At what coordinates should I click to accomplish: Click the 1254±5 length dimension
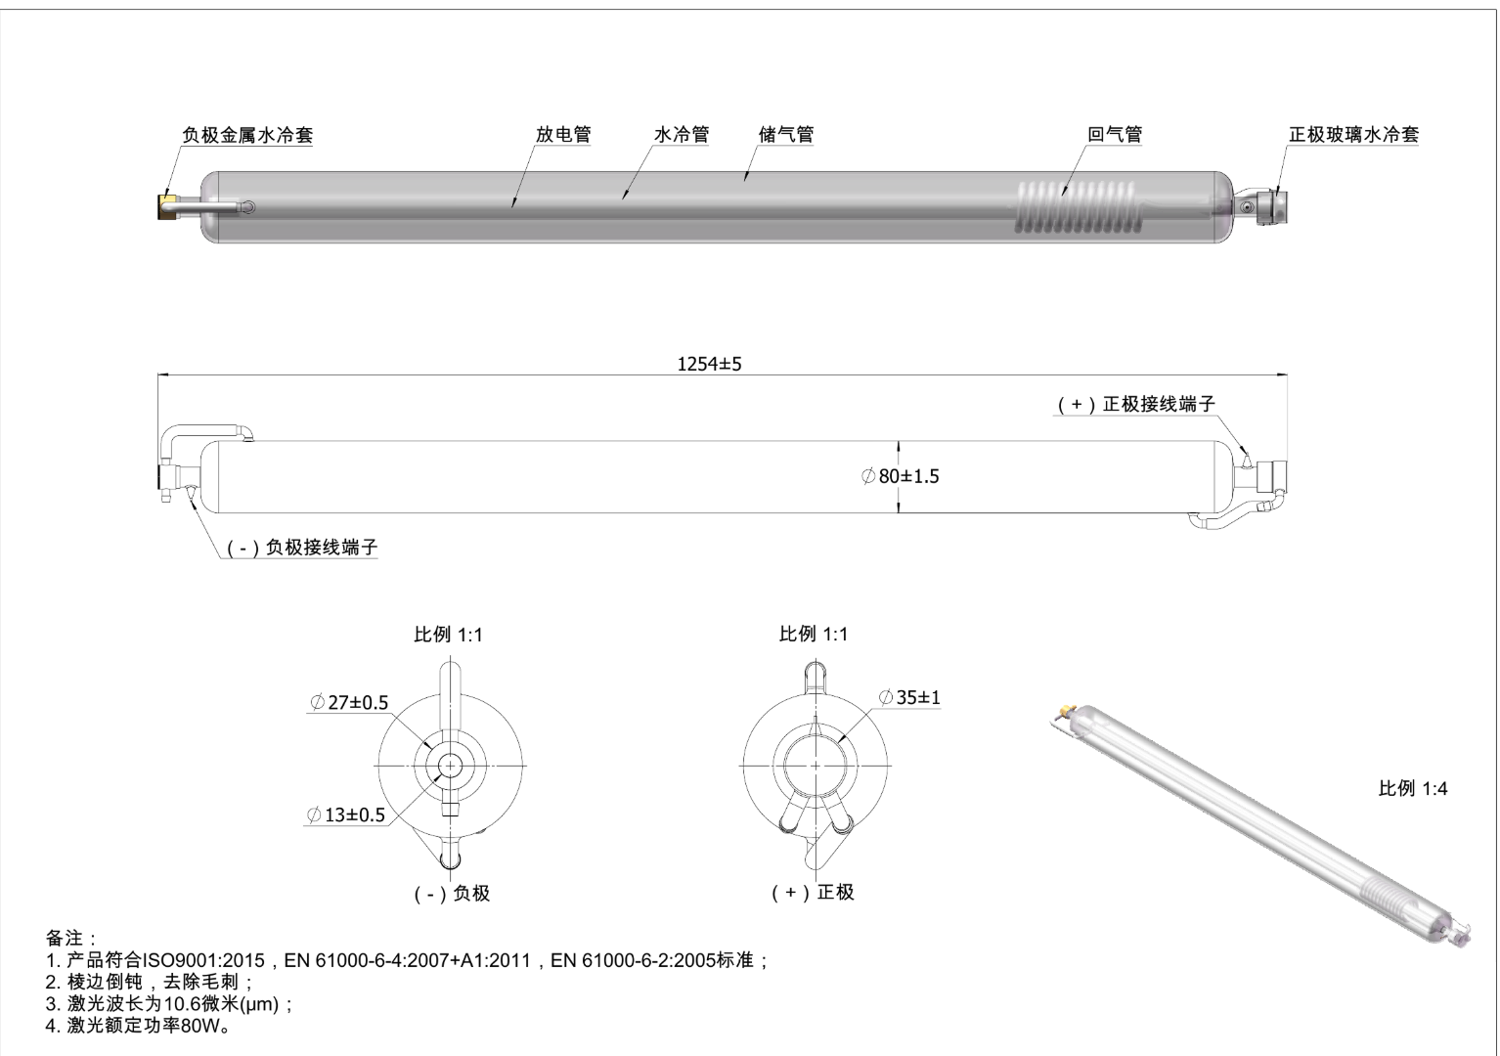[x=709, y=364]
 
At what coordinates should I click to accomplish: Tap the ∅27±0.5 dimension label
[x=349, y=703]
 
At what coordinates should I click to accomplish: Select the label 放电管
[x=563, y=135]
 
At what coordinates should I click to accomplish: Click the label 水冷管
[x=682, y=135]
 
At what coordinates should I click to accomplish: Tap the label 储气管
[x=786, y=135]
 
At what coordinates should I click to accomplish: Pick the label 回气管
[x=1115, y=135]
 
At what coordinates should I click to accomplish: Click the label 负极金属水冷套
[x=247, y=135]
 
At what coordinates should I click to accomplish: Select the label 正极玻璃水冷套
[x=1353, y=135]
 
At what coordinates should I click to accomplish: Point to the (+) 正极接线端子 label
[x=1137, y=405]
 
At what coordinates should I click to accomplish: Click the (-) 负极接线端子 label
[x=302, y=548]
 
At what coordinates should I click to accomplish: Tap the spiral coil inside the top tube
[x=1077, y=207]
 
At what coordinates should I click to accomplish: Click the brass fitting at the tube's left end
[x=167, y=207]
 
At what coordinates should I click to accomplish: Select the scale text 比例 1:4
[x=1412, y=788]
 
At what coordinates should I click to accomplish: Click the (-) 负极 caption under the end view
[x=451, y=893]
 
